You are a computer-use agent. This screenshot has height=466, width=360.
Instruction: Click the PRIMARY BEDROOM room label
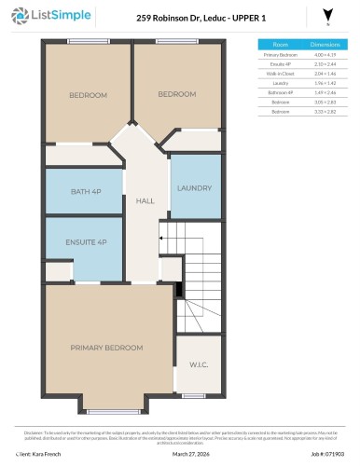[x=107, y=347]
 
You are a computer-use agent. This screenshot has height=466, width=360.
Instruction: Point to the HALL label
[x=145, y=200]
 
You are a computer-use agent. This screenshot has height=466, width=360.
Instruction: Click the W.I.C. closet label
[x=198, y=365]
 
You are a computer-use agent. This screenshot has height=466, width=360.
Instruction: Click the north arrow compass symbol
[x=325, y=16]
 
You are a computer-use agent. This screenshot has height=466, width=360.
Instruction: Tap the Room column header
[x=281, y=44]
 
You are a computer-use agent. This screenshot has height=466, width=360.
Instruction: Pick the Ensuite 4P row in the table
[x=281, y=63]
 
